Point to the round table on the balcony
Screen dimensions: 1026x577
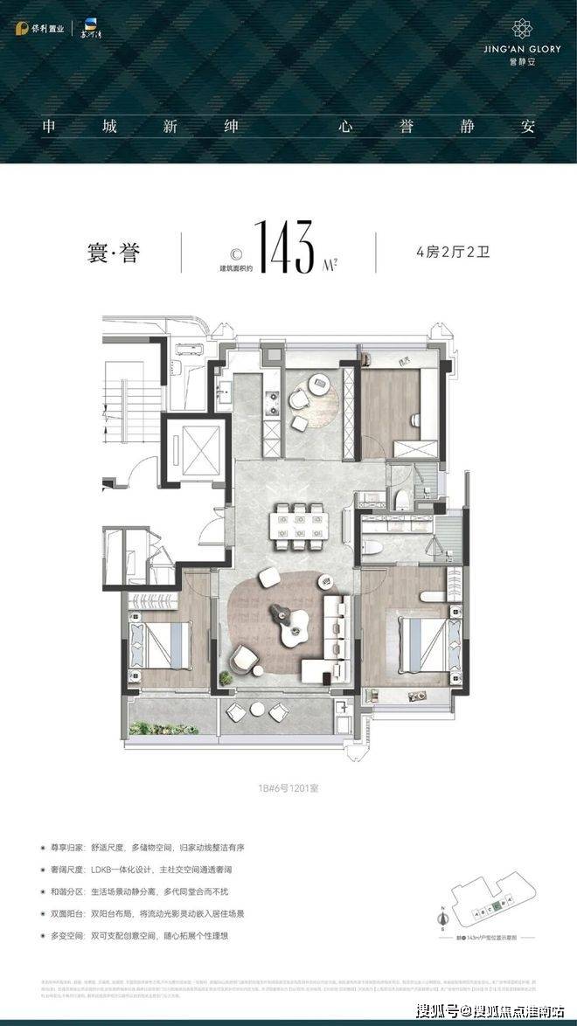pyautogui.click(x=279, y=713)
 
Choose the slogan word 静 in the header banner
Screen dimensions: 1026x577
pyautogui.click(x=468, y=125)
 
